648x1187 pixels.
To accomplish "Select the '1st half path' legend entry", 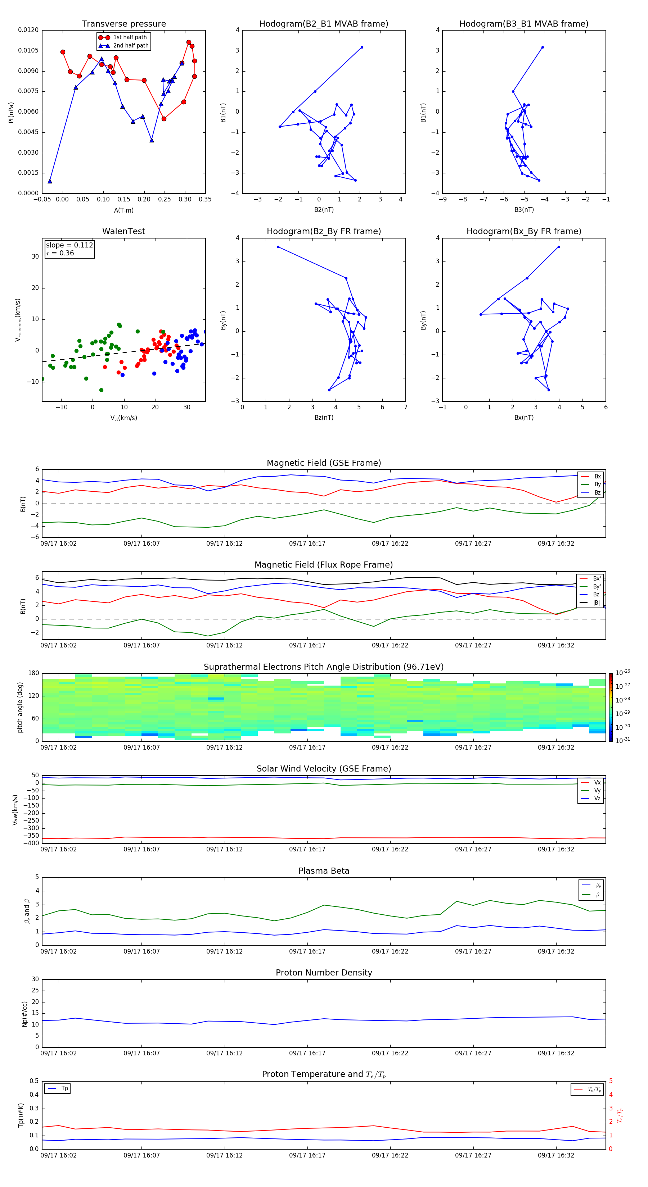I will [130, 37].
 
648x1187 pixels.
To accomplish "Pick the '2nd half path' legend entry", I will [131, 46].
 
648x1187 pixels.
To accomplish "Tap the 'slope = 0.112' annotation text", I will [69, 245].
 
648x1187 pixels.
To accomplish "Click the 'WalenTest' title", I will [123, 231].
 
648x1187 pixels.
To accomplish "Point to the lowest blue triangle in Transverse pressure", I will [50, 181].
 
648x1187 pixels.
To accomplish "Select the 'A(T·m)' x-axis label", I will [123, 210].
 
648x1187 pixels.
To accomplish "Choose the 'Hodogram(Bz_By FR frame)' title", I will [324, 231].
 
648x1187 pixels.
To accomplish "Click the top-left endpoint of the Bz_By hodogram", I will [278, 247].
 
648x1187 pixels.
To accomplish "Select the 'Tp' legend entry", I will [64, 1088].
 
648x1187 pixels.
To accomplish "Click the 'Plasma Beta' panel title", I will [324, 871].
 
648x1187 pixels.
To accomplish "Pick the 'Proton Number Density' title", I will [324, 973].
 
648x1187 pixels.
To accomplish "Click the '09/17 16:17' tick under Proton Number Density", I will [307, 1053].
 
